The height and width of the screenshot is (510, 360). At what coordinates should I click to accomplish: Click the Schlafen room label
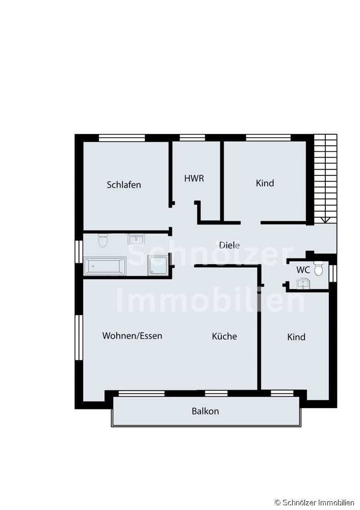point(124,185)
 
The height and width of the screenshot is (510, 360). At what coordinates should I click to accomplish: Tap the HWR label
point(194,178)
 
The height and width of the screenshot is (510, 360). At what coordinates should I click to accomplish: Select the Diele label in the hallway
point(229,245)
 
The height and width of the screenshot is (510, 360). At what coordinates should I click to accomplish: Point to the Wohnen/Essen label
point(132,336)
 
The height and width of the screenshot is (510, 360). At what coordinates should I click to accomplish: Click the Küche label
point(224,336)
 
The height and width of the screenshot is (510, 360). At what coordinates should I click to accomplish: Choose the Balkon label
point(205,411)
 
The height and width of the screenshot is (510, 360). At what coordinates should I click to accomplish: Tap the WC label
point(303,270)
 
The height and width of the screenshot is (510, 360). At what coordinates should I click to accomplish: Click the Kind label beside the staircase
point(265,183)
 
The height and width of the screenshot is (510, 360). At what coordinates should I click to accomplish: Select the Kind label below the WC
point(296,337)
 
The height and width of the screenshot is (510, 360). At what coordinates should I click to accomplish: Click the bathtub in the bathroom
point(105,266)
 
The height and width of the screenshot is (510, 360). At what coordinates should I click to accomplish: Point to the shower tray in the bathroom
point(159,265)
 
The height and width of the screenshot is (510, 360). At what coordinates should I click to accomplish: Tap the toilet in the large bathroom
point(103,240)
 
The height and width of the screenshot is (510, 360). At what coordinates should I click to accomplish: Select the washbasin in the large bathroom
point(136,239)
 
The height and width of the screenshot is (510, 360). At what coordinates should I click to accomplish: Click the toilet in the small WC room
point(318,268)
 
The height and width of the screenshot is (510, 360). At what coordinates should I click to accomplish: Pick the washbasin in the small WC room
point(303,283)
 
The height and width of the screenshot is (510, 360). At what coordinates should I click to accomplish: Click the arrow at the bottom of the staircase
point(325,220)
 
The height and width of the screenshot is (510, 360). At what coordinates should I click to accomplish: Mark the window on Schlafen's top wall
point(122,138)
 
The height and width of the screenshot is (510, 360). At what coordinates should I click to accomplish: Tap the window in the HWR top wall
point(192,138)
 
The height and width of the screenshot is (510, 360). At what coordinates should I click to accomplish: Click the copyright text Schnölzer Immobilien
point(314,503)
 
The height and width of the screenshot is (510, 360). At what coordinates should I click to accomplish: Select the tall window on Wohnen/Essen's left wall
point(79,338)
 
